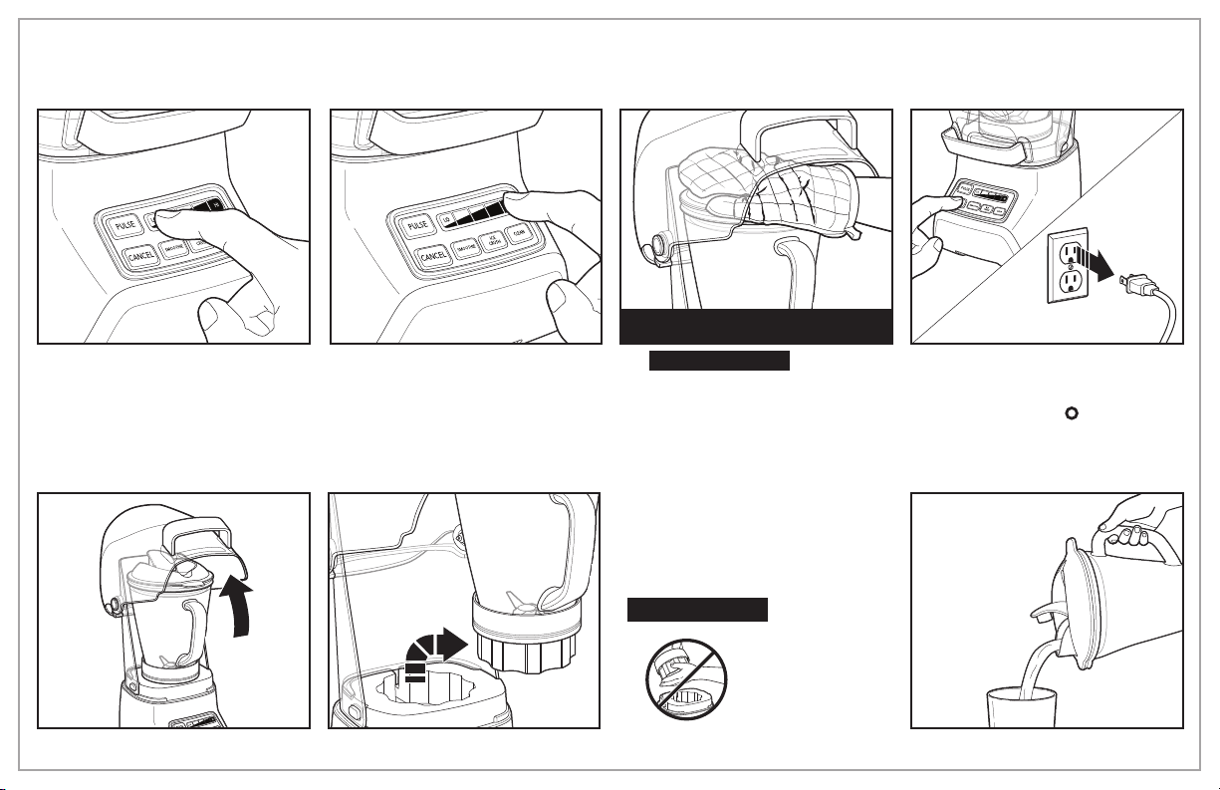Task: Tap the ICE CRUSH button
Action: tap(491, 241)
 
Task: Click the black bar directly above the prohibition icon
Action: tap(697, 609)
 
